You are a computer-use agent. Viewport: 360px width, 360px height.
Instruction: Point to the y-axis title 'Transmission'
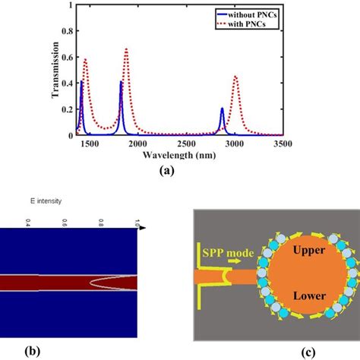coord(54,72)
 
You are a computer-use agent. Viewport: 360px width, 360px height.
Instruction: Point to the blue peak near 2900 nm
coord(222,109)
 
